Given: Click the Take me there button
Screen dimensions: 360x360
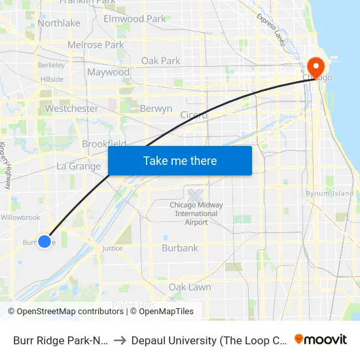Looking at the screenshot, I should (x=180, y=161).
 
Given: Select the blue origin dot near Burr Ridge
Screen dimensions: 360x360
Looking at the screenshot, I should (x=45, y=241).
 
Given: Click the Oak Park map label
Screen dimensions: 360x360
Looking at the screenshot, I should (x=161, y=61).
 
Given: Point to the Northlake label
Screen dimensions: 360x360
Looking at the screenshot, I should (x=59, y=23).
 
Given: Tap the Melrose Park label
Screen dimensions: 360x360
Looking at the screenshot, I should (x=96, y=45).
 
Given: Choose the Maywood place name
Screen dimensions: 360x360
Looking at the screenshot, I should (x=108, y=72).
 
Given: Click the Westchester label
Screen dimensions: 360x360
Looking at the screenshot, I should (x=72, y=109).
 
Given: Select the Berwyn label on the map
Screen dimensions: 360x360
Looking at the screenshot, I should (x=156, y=109).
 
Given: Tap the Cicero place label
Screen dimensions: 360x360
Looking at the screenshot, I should (x=194, y=115).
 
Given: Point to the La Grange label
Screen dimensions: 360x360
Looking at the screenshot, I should (x=79, y=166).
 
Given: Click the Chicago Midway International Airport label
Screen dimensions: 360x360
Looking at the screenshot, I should (x=196, y=213).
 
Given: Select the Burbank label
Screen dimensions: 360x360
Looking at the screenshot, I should (x=180, y=248).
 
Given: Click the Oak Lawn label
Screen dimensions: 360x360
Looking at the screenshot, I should (x=190, y=287).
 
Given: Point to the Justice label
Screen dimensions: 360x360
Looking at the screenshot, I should (x=112, y=249).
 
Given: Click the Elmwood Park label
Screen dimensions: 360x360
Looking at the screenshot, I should (x=135, y=19).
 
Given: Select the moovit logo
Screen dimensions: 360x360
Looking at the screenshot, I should (x=321, y=340).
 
